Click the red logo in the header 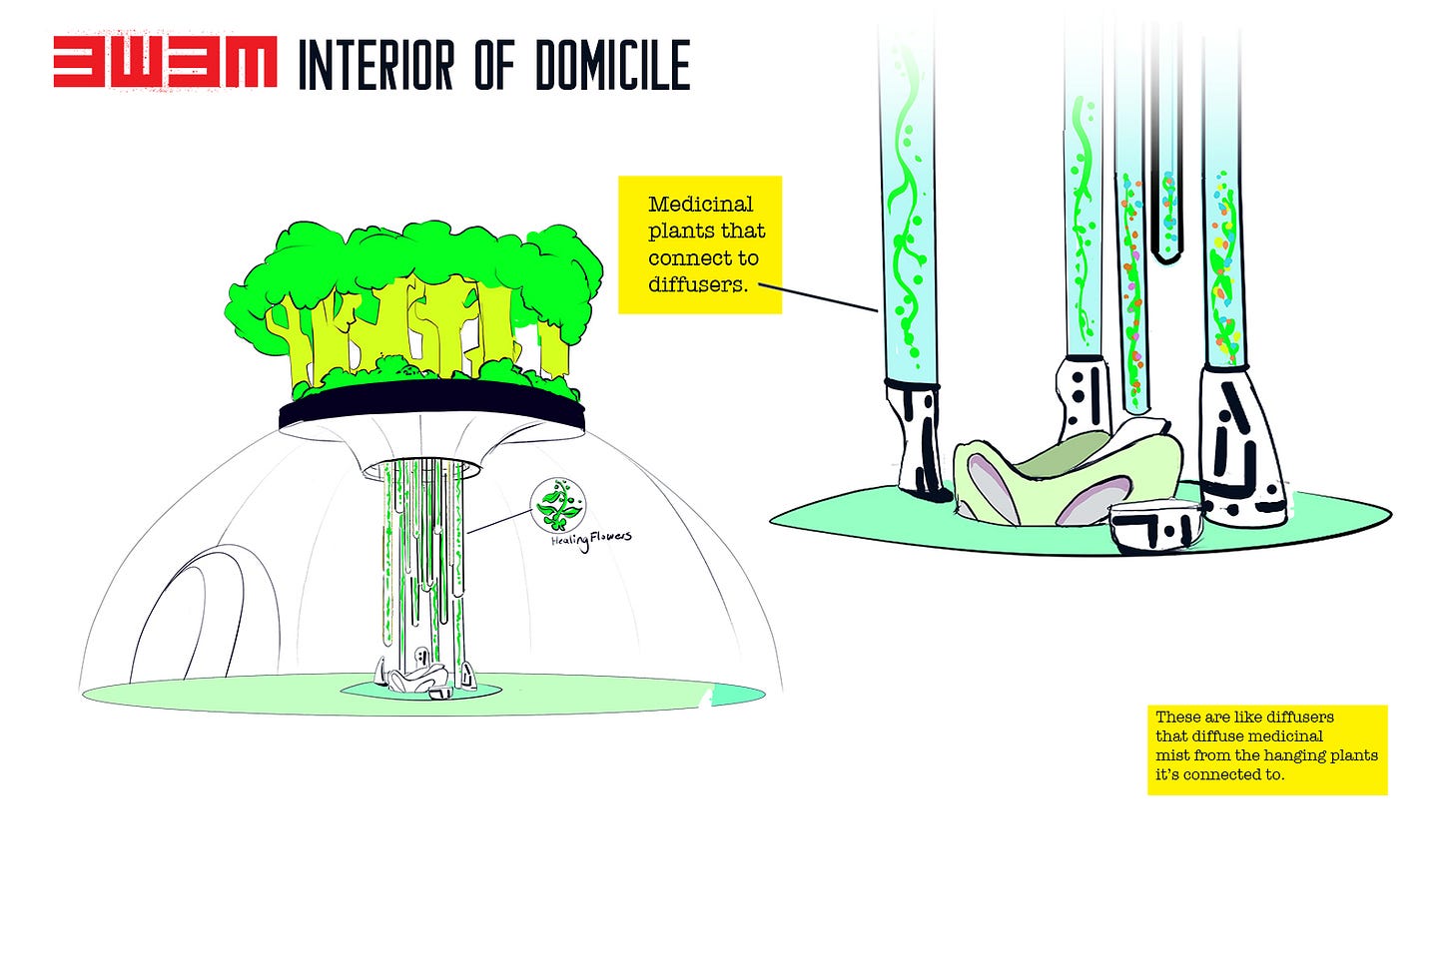point(165,63)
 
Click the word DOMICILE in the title point(612,65)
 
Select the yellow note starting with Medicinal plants point(700,244)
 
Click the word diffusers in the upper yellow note point(696,284)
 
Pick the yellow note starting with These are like point(1267,749)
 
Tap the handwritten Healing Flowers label point(591,540)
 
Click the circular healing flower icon point(557,504)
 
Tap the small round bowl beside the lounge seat point(1155,526)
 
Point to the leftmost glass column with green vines point(907,200)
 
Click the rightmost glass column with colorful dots point(1222,249)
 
